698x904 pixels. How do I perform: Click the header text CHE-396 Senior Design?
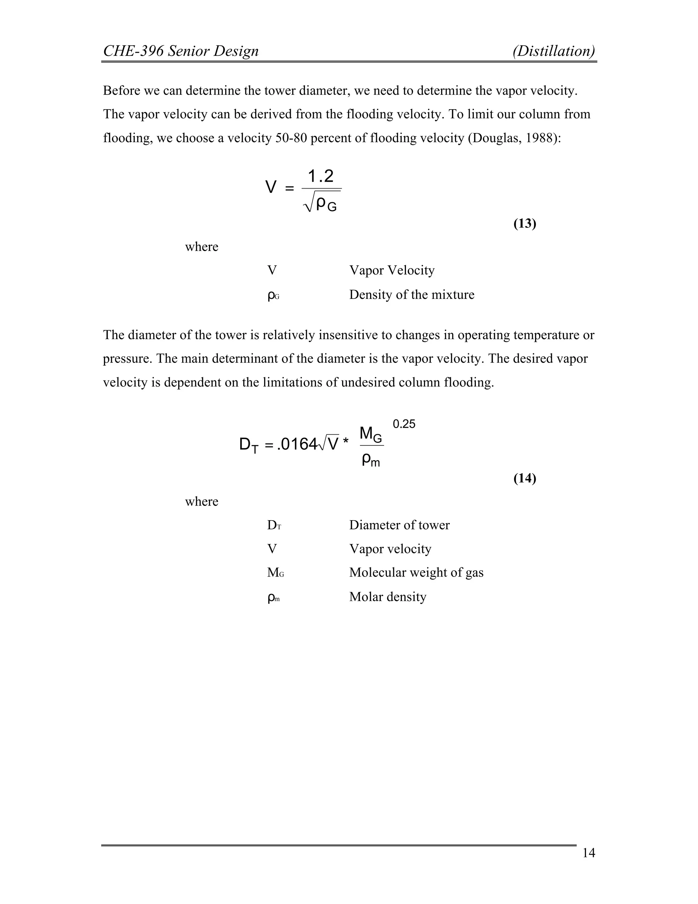181,51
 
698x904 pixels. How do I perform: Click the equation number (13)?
524,223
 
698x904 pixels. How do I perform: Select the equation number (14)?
524,479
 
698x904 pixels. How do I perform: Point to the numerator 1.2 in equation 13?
320,176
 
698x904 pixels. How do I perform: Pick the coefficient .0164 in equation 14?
297,444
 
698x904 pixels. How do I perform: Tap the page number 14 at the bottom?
588,853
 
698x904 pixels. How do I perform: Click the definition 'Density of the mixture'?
411,295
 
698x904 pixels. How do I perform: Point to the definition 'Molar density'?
388,597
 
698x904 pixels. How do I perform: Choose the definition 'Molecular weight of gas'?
416,572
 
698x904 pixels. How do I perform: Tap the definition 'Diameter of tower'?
399,525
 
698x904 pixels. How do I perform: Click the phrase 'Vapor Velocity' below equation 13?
392,270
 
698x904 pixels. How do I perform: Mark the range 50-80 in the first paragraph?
291,138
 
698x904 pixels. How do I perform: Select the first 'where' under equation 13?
201,247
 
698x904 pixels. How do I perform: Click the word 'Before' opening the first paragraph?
121,90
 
